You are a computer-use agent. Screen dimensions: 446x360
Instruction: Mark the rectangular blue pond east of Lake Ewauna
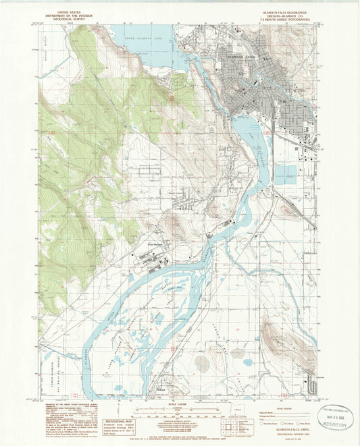(x=285, y=174)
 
